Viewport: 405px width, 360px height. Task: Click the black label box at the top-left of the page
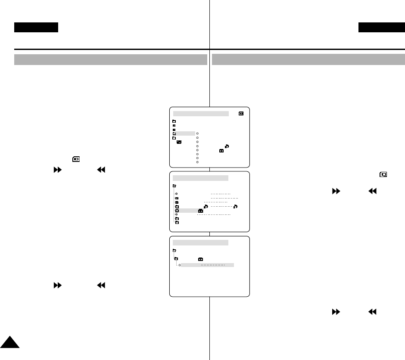tap(36, 28)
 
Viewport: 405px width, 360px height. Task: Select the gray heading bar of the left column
tap(111, 59)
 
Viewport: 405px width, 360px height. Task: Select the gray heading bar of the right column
tap(308, 59)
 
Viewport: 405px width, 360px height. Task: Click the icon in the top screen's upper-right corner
tap(241, 113)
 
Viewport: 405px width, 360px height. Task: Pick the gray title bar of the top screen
tap(200, 113)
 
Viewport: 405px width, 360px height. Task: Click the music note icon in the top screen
tap(227, 146)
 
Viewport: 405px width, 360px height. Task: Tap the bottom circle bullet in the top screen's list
tap(197, 162)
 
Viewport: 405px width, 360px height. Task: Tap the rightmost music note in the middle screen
tap(234, 207)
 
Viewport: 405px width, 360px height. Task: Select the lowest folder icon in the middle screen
tap(177, 223)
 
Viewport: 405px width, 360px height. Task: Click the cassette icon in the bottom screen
tap(201, 259)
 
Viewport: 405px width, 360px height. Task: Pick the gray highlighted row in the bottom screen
tap(207, 265)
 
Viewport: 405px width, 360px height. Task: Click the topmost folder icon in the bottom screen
tap(174, 250)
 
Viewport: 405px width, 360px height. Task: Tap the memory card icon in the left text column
tap(76, 158)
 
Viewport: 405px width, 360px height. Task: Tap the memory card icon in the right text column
tap(383, 174)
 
